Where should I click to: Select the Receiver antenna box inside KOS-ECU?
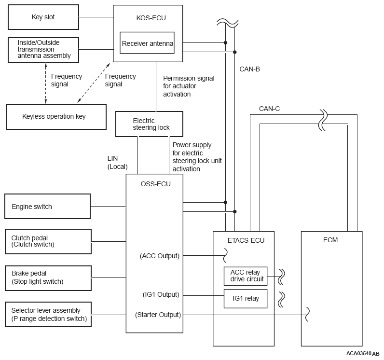pyautogui.click(x=147, y=44)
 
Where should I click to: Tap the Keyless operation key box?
pyautogui.click(x=56, y=117)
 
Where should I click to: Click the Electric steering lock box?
pyautogui.click(x=150, y=124)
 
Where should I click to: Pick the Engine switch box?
pyautogui.click(x=47, y=207)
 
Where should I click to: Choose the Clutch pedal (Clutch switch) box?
pyautogui.click(x=47, y=241)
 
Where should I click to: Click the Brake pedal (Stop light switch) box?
pyautogui.click(x=47, y=278)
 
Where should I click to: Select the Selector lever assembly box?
pyautogui.click(x=47, y=314)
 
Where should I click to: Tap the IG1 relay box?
pyautogui.click(x=245, y=298)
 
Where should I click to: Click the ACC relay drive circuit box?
pyautogui.click(x=245, y=276)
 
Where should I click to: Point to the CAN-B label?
pyautogui.click(x=249, y=69)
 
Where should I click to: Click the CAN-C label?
pyautogui.click(x=269, y=109)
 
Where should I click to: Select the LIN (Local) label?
pyautogui.click(x=117, y=162)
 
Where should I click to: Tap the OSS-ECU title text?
pyautogui.click(x=155, y=183)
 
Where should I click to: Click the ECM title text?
pyautogui.click(x=331, y=240)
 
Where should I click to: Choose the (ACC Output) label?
pyautogui.click(x=159, y=256)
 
